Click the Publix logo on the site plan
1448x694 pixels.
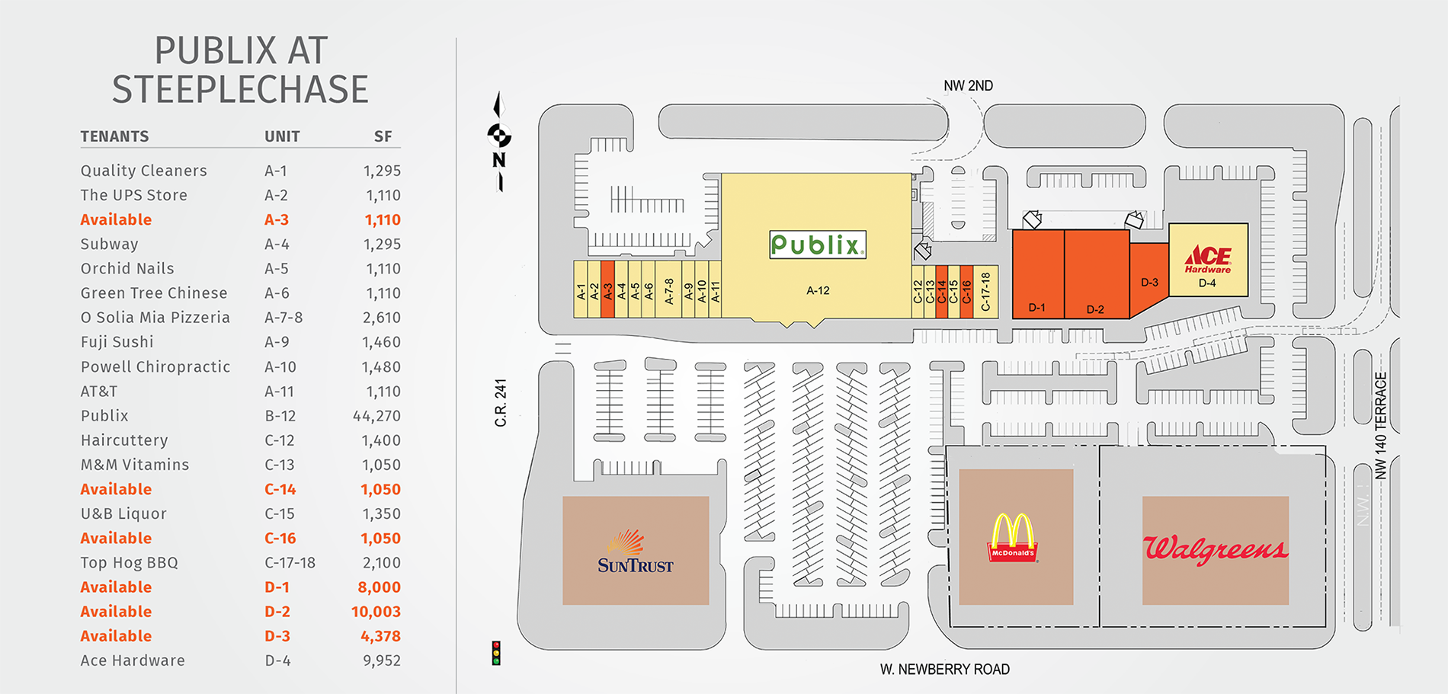pos(818,245)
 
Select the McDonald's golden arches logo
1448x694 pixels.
pos(1013,538)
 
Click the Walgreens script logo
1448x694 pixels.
pos(1216,548)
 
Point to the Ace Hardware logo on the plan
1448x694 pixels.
pos(1208,259)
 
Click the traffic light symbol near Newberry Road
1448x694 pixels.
pos(496,653)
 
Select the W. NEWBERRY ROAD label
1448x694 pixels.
pos(944,670)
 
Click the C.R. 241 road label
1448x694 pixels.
pos(501,402)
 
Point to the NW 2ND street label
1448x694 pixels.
pos(968,86)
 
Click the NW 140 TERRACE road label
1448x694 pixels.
pos(1380,425)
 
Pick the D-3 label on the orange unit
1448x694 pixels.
pos(1149,283)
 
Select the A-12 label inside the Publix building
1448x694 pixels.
pos(818,290)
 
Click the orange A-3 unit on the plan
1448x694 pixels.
pos(607,289)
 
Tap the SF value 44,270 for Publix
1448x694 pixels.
pos(376,416)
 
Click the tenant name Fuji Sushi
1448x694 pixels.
pos(117,342)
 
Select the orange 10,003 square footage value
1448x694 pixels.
pos(376,612)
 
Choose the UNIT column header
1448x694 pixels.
pos(282,136)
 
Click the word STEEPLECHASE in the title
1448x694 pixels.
pos(240,90)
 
